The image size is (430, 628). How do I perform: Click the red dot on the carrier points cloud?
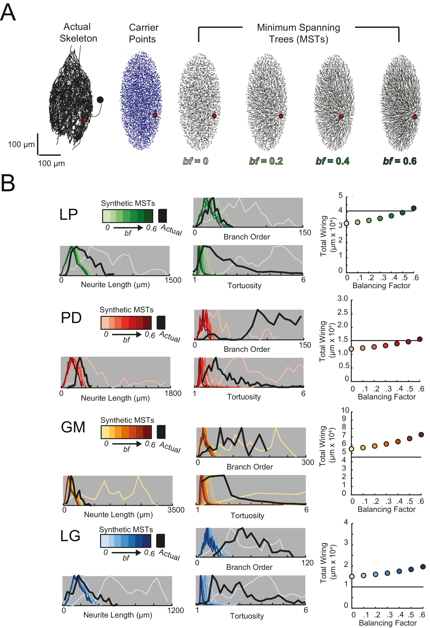155,115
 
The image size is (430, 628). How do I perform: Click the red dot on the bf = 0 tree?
214,116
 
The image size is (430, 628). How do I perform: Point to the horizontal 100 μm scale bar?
50,155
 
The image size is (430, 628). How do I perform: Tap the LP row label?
68,215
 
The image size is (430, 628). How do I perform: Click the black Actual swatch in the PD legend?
161,322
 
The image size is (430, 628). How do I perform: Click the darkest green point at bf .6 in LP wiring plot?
414,208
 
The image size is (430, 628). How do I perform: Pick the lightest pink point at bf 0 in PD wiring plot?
351,349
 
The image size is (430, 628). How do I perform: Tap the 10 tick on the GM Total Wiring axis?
345,410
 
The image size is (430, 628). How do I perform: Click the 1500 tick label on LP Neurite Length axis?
173,280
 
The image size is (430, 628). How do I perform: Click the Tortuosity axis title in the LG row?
247,616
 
